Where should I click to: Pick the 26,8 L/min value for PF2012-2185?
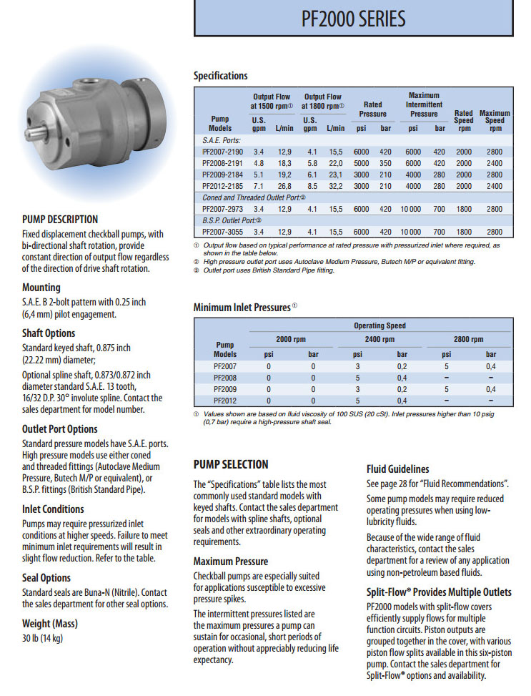click(284, 186)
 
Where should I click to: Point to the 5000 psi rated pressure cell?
click(362, 163)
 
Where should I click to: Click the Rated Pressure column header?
click(372, 109)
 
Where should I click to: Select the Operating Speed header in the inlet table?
click(379, 325)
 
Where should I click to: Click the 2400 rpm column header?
click(379, 339)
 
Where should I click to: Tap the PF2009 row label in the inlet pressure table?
click(225, 389)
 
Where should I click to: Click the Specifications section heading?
click(221, 76)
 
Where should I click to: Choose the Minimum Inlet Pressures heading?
click(242, 308)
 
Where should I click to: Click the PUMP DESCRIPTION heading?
click(60, 220)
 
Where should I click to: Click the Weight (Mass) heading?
click(50, 624)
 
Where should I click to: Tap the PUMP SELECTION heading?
click(231, 464)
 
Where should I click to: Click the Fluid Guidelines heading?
click(398, 469)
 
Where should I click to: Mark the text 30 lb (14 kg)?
click(42, 638)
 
